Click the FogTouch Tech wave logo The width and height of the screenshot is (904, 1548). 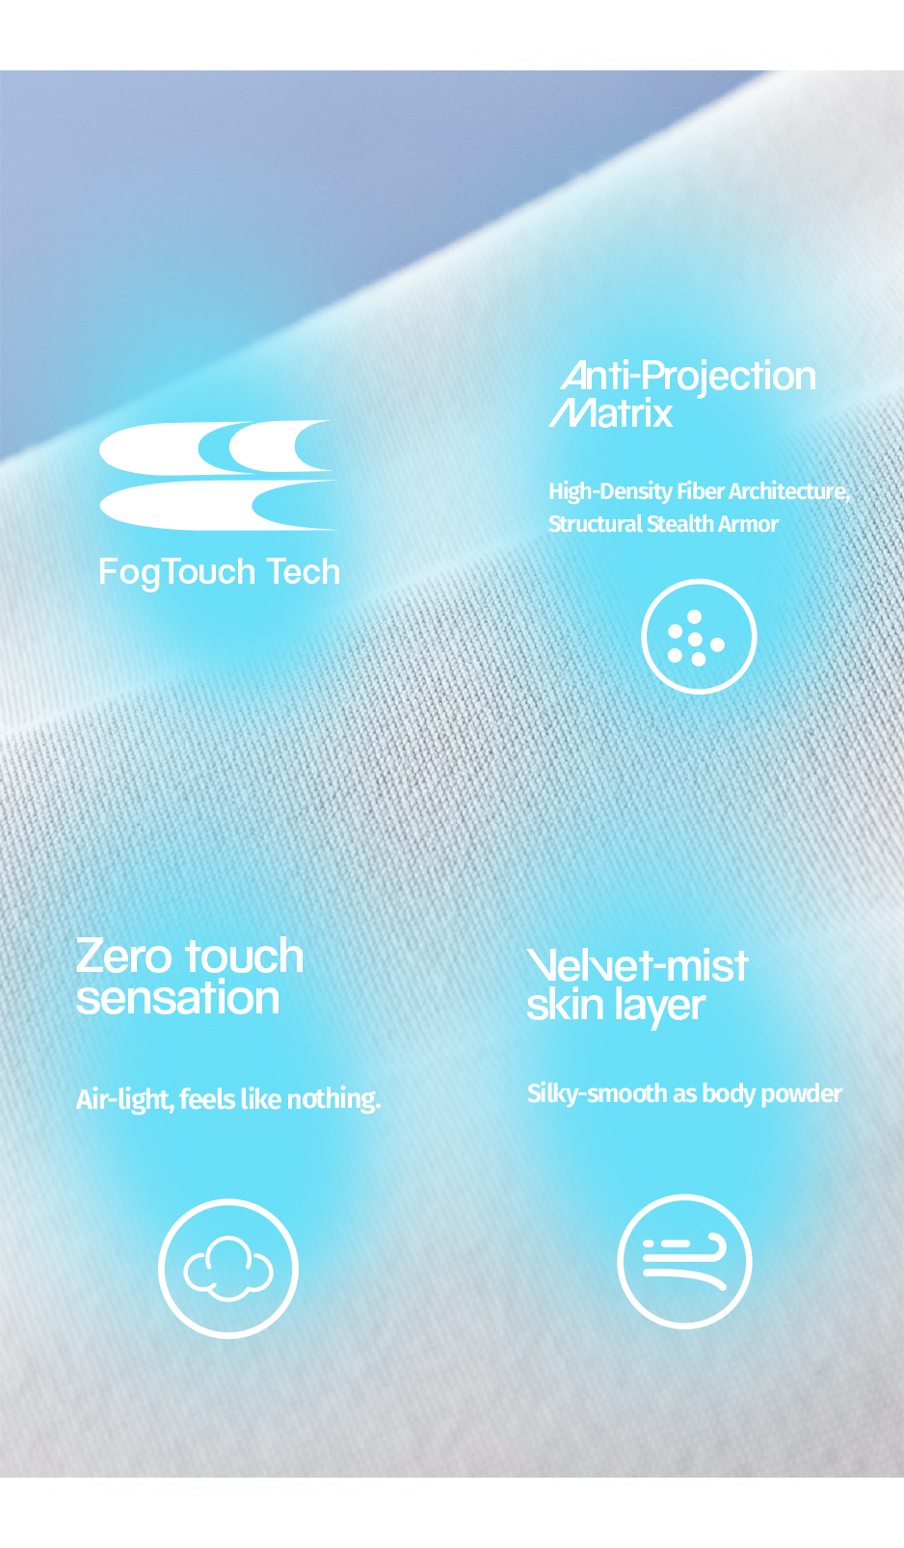[x=218, y=476]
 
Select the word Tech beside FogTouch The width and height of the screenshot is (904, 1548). [x=304, y=572]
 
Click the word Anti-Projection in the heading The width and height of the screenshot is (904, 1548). [x=688, y=376]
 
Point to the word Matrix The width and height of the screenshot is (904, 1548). [x=611, y=413]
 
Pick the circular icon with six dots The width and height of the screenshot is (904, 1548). [x=699, y=637]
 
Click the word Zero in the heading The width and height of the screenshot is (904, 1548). [x=124, y=957]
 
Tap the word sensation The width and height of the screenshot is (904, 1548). [x=177, y=998]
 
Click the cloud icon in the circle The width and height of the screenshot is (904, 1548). [x=228, y=1268]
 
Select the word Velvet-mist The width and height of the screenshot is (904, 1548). [x=637, y=965]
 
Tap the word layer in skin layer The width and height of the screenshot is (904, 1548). [x=660, y=1006]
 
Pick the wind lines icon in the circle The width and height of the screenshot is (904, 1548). [x=684, y=1262]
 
